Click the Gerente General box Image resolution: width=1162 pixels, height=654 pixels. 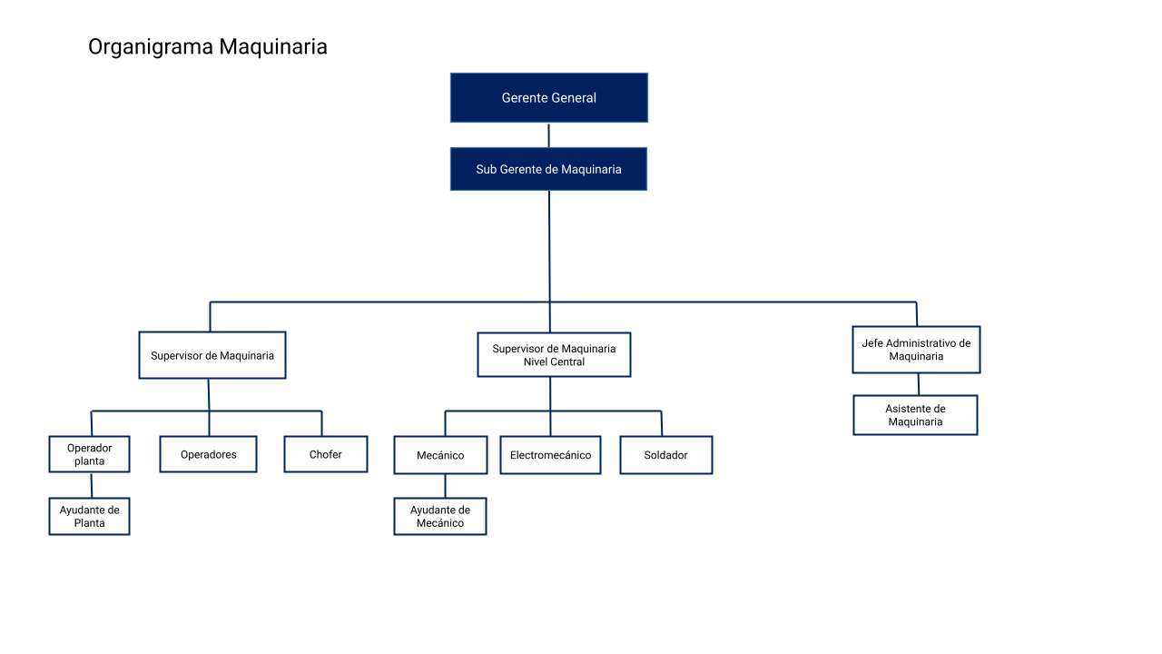[549, 97]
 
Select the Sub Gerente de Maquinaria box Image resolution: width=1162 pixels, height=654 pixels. [549, 169]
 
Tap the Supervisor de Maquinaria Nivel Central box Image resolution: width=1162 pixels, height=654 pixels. [554, 355]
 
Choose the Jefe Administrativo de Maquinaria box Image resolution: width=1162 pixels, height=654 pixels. [916, 350]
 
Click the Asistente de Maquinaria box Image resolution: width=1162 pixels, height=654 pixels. [916, 415]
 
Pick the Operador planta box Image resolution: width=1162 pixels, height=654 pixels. [89, 454]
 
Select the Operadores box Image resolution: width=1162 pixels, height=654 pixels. [208, 454]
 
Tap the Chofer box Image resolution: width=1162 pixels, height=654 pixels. [326, 454]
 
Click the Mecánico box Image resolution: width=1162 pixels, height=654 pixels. [440, 455]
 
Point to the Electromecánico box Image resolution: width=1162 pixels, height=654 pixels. [550, 455]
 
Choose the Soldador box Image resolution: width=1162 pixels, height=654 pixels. [666, 455]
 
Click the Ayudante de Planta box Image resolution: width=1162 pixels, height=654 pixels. [89, 517]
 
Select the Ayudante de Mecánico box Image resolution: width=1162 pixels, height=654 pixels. [440, 517]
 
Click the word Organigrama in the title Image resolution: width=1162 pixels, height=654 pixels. [151, 46]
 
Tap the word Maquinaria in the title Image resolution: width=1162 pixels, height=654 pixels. [273, 46]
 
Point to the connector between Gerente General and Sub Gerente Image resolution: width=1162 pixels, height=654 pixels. [549, 135]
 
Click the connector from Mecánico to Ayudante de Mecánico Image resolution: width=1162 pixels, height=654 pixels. [445, 486]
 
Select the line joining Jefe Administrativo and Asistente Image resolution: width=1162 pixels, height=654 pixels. [919, 384]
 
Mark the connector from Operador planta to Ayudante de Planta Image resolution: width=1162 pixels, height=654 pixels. [92, 485]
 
